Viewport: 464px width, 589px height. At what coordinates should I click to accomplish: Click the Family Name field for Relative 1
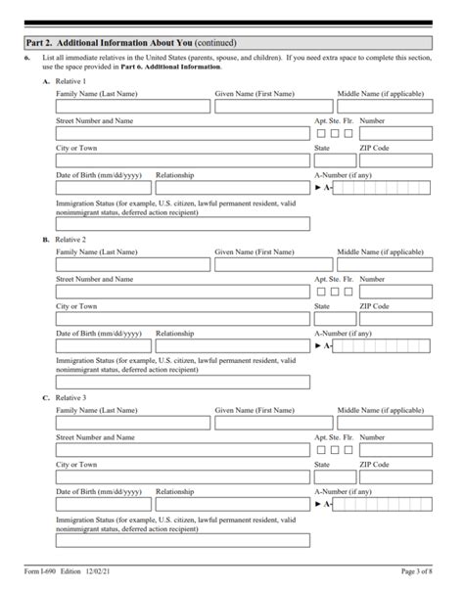point(132,106)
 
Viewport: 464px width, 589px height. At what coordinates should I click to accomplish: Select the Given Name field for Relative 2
point(272,264)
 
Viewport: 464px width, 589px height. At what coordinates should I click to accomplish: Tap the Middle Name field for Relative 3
point(384,422)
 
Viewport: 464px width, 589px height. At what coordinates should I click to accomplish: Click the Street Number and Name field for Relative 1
point(182,133)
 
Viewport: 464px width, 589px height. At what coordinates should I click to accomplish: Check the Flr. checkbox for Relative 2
point(348,292)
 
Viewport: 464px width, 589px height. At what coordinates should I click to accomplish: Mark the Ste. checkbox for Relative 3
point(335,449)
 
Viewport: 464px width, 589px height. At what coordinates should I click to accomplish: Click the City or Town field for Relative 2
point(182,318)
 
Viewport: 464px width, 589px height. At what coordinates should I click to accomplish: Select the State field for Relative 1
point(332,160)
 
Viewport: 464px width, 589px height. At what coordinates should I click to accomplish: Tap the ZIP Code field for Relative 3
point(395,476)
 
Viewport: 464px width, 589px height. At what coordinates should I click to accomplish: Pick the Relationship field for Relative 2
point(232,345)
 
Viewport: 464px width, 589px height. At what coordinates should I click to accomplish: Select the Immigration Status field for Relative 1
point(182,223)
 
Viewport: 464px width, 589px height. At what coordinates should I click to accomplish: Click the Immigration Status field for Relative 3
point(182,539)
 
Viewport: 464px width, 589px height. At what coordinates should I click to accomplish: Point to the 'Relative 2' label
point(70,239)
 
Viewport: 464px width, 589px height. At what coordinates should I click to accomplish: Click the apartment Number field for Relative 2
point(395,292)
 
